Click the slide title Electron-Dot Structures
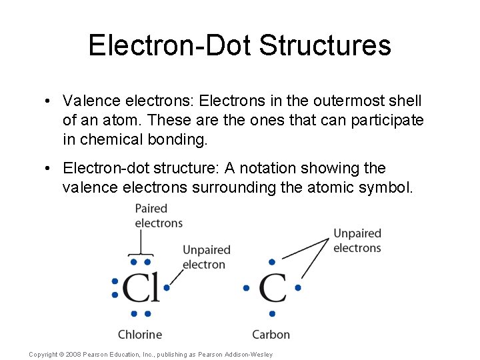239,45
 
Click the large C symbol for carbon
272,288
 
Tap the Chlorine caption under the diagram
140,334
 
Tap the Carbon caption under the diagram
271,334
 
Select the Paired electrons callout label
159,215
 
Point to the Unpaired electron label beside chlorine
207,257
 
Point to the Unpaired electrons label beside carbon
357,241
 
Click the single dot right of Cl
167,288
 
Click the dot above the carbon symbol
272,262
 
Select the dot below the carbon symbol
272,313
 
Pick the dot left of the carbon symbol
246,288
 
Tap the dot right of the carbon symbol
298,288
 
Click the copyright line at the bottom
151,354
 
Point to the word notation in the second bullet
301,169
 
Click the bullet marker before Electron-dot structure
49,169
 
